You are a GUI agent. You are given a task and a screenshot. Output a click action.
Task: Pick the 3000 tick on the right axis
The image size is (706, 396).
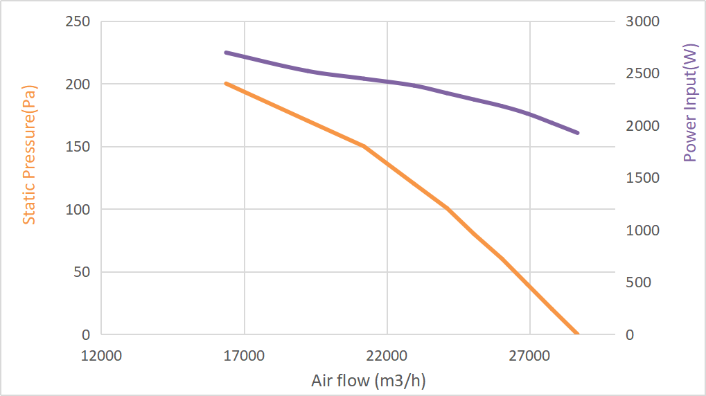(x=643, y=21)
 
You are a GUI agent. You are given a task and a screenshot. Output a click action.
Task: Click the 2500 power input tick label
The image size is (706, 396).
(x=643, y=73)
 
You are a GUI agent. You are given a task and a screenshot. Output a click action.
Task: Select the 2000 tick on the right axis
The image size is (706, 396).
(x=643, y=126)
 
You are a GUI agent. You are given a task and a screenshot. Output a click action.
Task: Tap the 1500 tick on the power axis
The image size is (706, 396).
(x=643, y=178)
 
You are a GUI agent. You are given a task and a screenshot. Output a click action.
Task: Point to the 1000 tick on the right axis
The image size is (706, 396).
(x=643, y=231)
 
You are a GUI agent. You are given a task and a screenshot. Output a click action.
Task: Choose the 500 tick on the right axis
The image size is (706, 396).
(x=639, y=282)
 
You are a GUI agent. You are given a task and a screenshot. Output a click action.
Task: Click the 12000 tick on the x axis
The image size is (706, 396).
(x=101, y=357)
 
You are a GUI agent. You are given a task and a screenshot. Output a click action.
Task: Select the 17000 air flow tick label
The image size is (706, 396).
(x=244, y=357)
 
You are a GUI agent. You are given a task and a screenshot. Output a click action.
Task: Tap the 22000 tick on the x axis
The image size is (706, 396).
(x=387, y=357)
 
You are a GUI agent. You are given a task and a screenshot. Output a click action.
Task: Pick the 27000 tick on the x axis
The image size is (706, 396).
(x=529, y=357)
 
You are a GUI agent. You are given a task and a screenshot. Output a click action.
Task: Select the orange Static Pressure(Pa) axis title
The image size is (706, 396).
(x=29, y=154)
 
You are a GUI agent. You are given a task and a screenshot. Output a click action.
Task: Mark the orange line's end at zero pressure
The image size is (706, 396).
(x=577, y=334)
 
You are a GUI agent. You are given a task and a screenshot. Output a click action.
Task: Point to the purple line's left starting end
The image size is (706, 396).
(x=226, y=53)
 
